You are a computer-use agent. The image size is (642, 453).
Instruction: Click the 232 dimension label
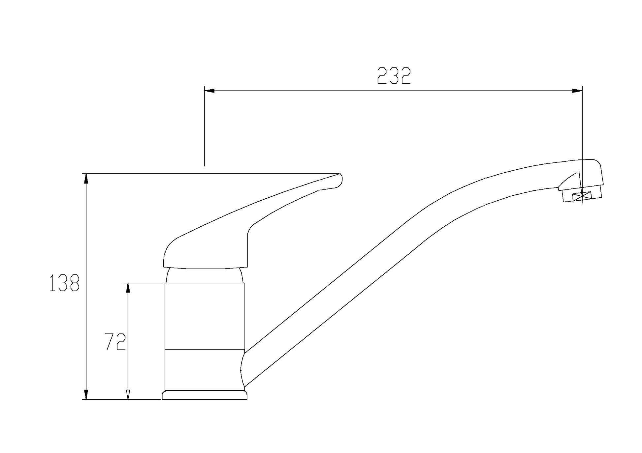point(394,75)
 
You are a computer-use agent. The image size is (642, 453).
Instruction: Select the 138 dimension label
point(65,283)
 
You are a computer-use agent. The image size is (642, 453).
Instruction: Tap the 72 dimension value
point(115,342)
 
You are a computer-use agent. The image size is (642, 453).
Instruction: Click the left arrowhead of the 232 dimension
point(209,91)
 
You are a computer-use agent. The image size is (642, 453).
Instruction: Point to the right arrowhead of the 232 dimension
point(577,91)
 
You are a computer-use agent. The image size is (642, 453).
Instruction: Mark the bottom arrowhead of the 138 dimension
point(86,394)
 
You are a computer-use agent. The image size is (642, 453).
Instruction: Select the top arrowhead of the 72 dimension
point(128,288)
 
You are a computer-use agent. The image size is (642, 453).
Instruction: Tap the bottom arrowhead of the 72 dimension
point(128,394)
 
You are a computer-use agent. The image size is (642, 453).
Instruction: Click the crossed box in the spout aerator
point(582,197)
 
